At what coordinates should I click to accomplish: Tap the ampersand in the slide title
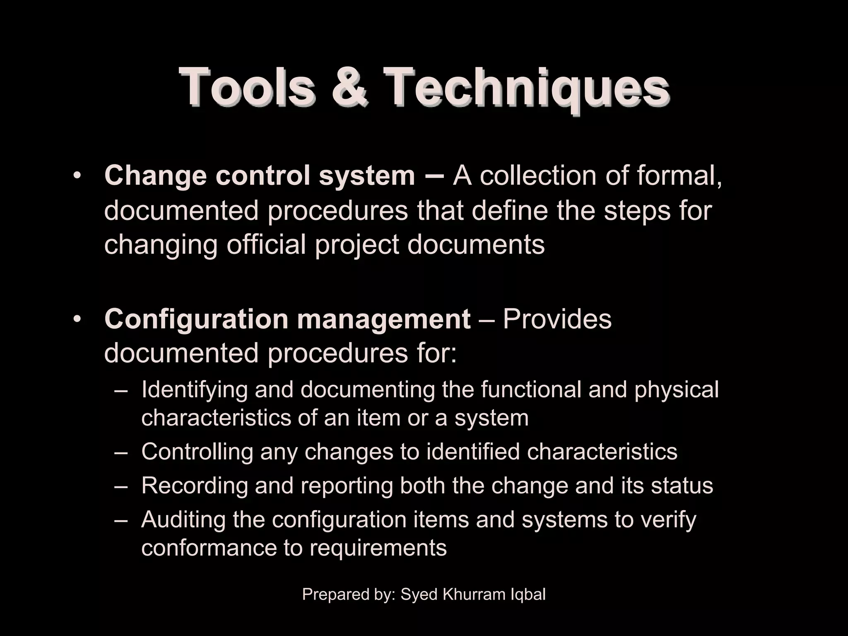pyautogui.click(x=349, y=88)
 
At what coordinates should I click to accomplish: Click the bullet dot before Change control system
pyautogui.click(x=77, y=176)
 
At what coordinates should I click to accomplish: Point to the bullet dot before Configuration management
pyautogui.click(x=77, y=319)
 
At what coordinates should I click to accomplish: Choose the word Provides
pyautogui.click(x=557, y=319)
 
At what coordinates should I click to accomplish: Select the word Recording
pyautogui.click(x=194, y=486)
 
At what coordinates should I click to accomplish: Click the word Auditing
pyautogui.click(x=183, y=520)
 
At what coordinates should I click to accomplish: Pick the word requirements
pyautogui.click(x=378, y=548)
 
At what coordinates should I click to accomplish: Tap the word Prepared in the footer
pyautogui.click(x=330, y=595)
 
